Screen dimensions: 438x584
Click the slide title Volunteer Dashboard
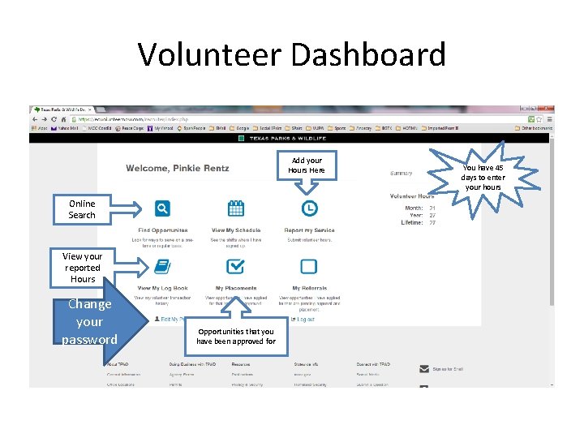click(x=292, y=54)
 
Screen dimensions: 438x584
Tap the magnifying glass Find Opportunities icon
click(x=163, y=208)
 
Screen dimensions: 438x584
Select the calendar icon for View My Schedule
click(x=235, y=208)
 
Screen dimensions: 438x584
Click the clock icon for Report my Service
click(x=309, y=208)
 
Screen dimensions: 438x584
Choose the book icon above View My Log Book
click(x=162, y=266)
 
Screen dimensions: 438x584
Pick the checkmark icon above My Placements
click(x=235, y=266)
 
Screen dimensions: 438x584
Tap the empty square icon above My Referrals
click(x=309, y=266)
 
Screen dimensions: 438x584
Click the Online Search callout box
click(x=82, y=209)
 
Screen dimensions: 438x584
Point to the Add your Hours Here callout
click(x=307, y=165)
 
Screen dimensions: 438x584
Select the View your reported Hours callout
click(x=83, y=268)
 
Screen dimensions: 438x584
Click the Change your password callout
click(x=89, y=321)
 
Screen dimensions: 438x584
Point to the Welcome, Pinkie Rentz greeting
click(x=177, y=169)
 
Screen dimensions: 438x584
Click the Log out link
click(x=305, y=320)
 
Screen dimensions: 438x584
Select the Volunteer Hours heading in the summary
click(x=412, y=196)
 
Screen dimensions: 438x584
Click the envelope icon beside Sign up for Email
click(x=424, y=368)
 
